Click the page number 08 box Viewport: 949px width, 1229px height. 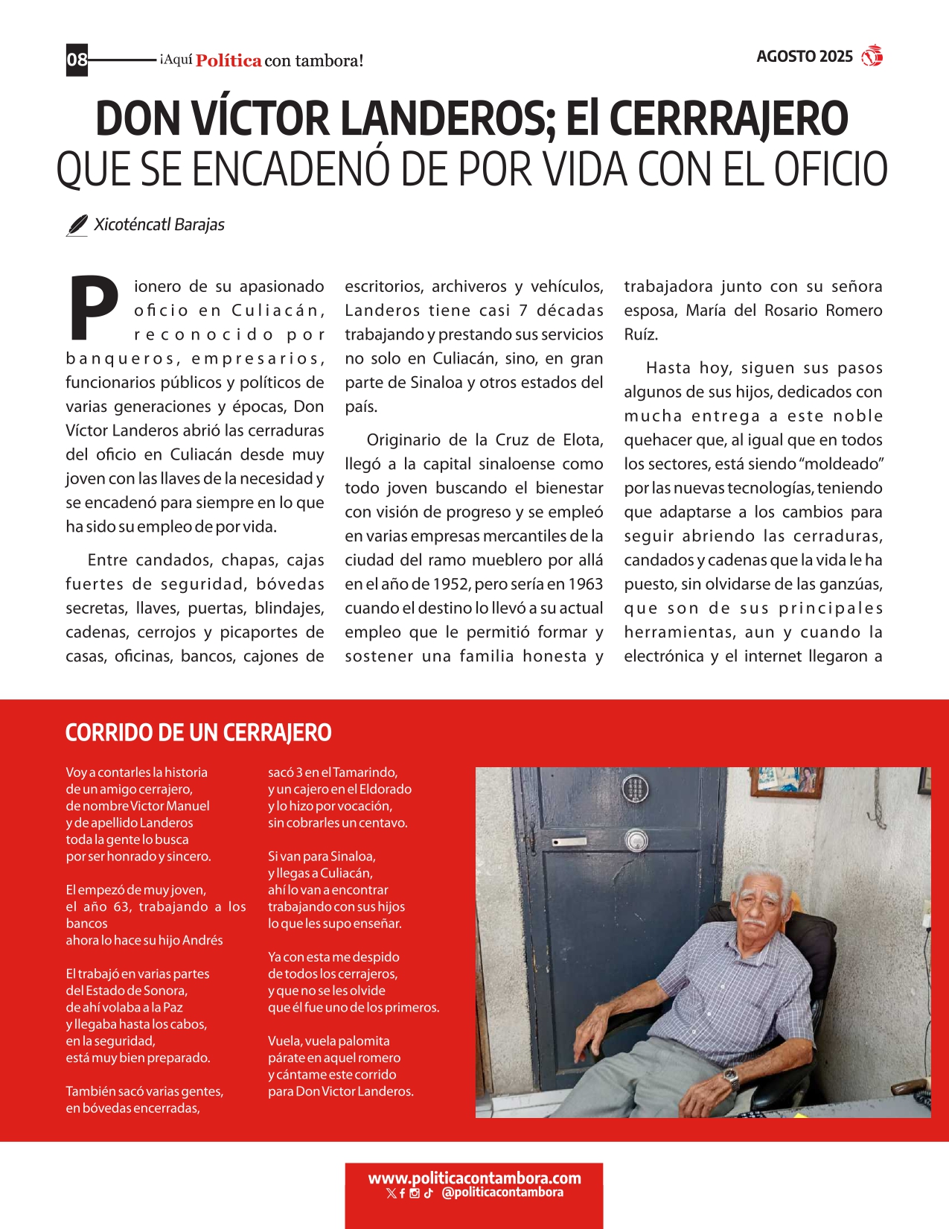point(77,60)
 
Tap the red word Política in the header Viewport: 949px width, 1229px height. point(229,61)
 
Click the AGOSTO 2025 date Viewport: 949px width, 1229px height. point(804,57)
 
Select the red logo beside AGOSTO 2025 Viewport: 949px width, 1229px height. point(872,57)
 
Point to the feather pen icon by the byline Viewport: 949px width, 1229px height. point(77,225)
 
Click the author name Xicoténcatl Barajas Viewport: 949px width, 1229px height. point(159,225)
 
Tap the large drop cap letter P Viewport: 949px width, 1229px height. point(95,307)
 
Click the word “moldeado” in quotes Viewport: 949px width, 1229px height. point(840,464)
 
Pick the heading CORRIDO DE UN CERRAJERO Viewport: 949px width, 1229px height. point(198,733)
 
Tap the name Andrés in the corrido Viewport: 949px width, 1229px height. point(202,940)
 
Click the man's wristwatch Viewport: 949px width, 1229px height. point(731,1077)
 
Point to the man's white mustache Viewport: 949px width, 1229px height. point(755,924)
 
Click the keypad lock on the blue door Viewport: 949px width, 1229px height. point(635,788)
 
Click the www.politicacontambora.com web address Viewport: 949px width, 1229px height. point(474,1178)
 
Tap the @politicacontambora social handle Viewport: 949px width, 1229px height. point(502,1193)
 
